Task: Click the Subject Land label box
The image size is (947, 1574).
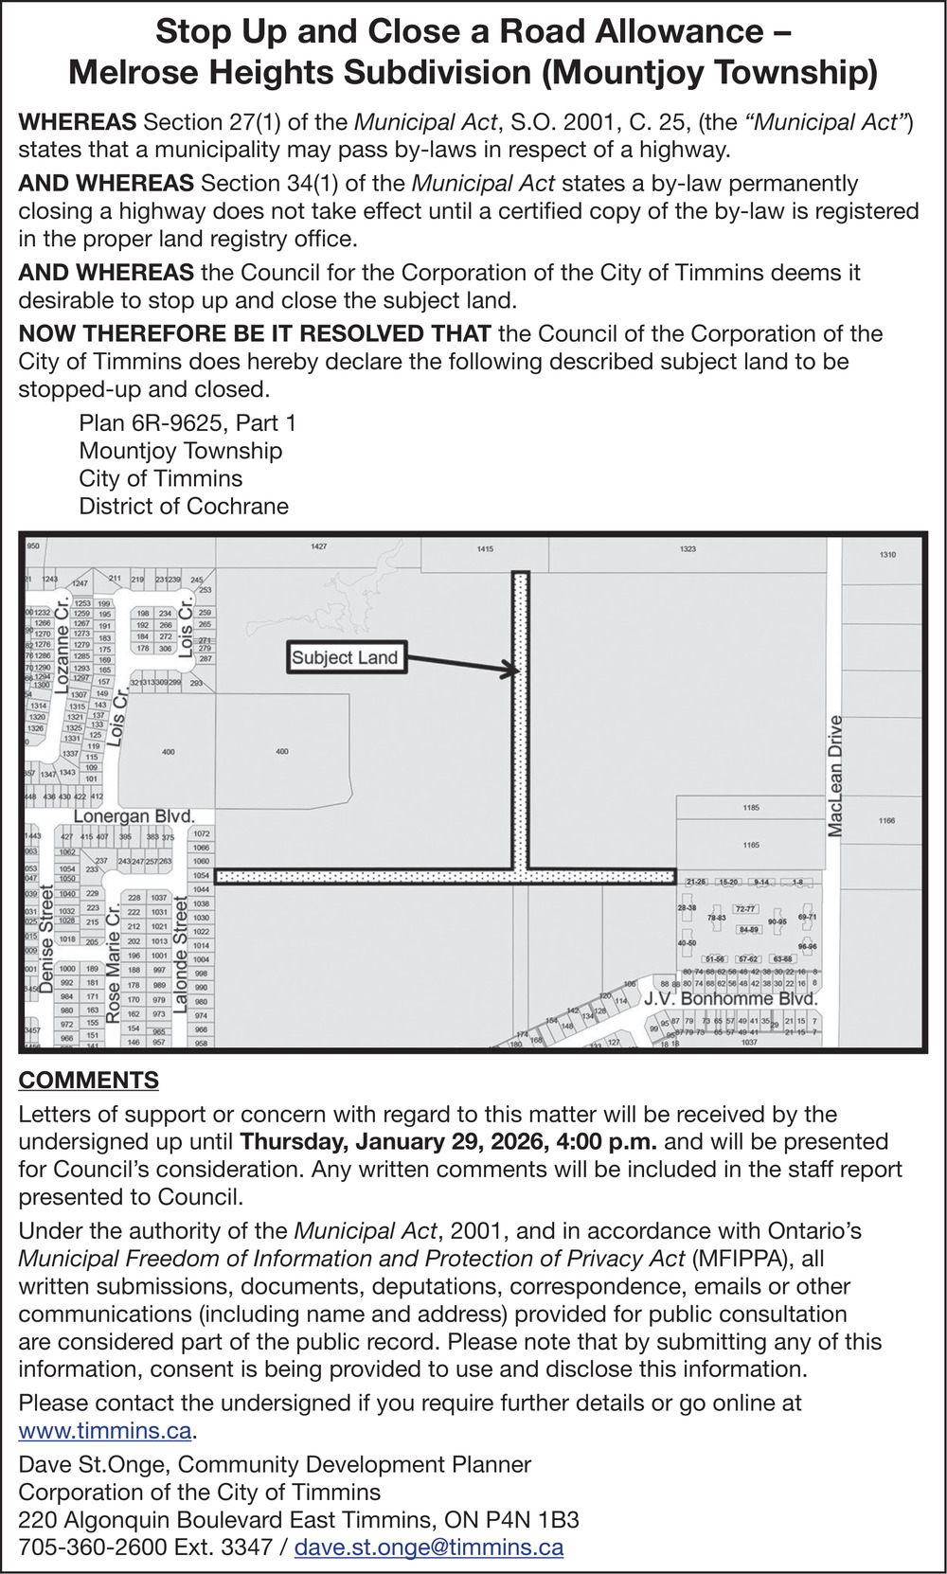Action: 345,658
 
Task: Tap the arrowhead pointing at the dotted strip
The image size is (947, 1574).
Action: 511,671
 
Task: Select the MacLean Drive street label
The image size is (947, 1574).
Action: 835,777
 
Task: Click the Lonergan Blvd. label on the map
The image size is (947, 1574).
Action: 134,816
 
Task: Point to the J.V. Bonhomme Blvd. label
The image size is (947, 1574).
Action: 730,998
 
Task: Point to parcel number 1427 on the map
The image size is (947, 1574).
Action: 318,546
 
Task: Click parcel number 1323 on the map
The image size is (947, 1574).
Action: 688,548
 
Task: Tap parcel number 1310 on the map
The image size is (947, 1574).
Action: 887,554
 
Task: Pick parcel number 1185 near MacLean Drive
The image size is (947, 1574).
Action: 751,808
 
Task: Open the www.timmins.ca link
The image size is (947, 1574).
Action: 104,1431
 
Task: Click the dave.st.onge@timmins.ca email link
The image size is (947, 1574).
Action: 429,1547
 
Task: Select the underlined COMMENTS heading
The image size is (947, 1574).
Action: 88,1081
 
